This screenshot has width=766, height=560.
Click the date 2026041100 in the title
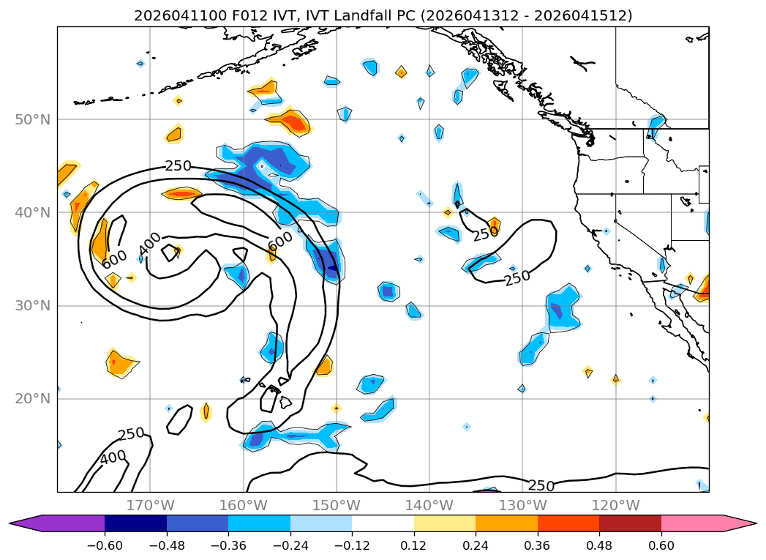tap(177, 15)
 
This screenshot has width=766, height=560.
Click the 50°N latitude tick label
tap(33, 120)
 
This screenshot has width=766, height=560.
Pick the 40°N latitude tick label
tap(33, 212)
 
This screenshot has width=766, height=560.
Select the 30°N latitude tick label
tap(33, 306)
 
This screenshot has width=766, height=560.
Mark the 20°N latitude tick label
tap(33, 399)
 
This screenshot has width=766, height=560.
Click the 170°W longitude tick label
tap(150, 505)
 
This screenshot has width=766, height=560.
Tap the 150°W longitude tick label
tap(336, 505)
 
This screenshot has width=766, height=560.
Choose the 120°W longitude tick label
tap(615, 505)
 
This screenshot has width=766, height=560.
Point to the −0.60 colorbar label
tap(105, 545)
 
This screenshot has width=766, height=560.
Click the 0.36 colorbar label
tap(538, 545)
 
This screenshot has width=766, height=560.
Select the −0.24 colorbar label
tap(290, 545)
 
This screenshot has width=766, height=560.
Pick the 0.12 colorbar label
tap(414, 545)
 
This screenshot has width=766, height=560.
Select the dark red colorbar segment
tap(630, 523)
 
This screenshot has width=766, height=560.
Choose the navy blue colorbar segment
tap(136, 523)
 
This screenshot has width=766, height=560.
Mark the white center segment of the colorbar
tap(383, 523)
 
